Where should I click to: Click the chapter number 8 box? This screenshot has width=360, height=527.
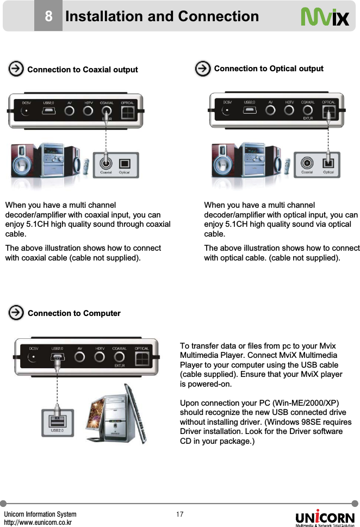point(48,17)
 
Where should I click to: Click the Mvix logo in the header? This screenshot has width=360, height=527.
point(325,17)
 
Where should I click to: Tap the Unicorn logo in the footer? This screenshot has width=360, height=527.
point(325,517)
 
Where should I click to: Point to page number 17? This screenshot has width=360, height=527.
point(180,514)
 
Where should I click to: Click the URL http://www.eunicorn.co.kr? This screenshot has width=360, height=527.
point(39,523)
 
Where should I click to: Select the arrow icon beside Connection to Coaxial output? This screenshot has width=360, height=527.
point(16,69)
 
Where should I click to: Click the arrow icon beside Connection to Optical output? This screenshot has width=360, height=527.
point(203,69)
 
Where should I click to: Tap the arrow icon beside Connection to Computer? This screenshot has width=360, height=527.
point(16,313)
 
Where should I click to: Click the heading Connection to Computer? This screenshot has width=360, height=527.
point(74,313)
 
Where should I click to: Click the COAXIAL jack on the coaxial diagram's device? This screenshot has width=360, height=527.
point(107,112)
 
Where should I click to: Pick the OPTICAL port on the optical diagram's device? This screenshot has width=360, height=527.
point(328,112)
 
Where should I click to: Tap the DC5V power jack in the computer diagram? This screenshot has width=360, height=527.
point(34,358)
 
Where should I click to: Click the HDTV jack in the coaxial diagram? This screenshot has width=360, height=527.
point(88,112)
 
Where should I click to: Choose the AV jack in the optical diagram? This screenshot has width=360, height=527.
point(270,112)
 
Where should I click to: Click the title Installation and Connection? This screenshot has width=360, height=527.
point(162,17)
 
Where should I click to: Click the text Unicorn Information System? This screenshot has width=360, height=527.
point(40,514)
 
